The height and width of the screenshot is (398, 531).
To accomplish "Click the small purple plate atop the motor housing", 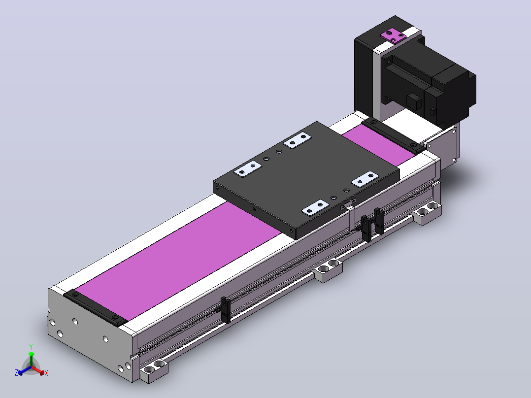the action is (x=393, y=36).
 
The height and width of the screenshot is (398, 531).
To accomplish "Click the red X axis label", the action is (x=46, y=373).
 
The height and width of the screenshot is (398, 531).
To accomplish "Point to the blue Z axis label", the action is (x=16, y=373).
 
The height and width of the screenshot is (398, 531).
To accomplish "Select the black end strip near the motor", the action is (x=394, y=135).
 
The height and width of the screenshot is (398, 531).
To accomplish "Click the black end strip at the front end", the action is (x=95, y=307).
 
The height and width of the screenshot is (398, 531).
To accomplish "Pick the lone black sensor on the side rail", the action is (x=225, y=310).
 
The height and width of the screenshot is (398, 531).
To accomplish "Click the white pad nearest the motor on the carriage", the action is (x=297, y=140).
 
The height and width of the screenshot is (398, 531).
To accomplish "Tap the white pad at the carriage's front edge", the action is (x=315, y=208).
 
